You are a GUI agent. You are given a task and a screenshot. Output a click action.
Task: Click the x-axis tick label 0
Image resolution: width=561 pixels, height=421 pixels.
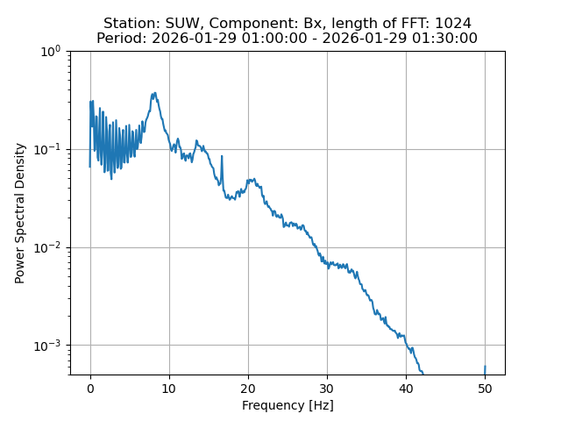pyautogui.click(x=90, y=388)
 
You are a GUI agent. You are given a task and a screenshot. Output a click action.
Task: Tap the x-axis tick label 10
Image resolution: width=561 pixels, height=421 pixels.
pyautogui.click(x=169, y=388)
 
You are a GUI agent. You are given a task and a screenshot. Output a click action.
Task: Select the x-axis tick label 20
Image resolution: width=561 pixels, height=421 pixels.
pyautogui.click(x=248, y=388)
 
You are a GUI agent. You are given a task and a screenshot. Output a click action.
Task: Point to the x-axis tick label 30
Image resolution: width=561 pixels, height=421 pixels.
pyautogui.click(x=327, y=388)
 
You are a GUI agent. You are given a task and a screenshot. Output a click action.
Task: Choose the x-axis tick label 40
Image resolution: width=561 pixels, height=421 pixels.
pyautogui.click(x=406, y=388)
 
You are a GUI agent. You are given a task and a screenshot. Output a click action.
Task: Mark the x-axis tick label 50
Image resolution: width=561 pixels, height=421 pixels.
pyautogui.click(x=485, y=388)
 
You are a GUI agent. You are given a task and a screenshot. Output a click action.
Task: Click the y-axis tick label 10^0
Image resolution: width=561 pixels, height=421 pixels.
pyautogui.click(x=51, y=51)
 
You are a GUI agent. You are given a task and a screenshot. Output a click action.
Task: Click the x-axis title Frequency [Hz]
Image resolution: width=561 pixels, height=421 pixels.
pyautogui.click(x=288, y=405)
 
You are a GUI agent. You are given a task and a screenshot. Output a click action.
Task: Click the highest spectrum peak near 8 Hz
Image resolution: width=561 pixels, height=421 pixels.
pyautogui.click(x=154, y=93)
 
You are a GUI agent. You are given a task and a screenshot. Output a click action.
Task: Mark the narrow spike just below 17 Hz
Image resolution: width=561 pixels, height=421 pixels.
pyautogui.click(x=222, y=157)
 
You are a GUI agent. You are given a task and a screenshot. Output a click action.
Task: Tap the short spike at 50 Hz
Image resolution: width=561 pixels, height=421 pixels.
pyautogui.click(x=485, y=367)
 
